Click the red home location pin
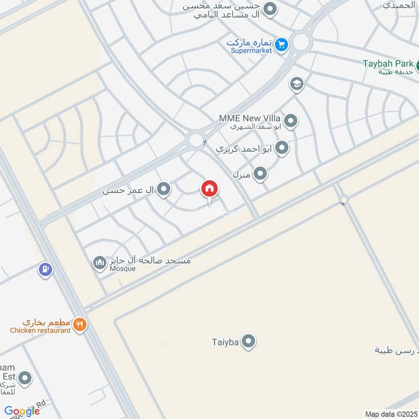[210, 190]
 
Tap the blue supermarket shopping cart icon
[282, 45]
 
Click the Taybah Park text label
[388, 64]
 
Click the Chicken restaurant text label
[40, 330]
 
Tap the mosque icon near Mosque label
[100, 263]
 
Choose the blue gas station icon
[46, 270]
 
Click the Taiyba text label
[225, 342]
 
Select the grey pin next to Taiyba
[249, 342]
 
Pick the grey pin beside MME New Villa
[291, 122]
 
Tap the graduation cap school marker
[297, 84]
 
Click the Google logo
[22, 411]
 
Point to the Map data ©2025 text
[391, 414]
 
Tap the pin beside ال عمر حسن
[164, 190]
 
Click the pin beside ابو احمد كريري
[282, 148]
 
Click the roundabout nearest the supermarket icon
[301, 42]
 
